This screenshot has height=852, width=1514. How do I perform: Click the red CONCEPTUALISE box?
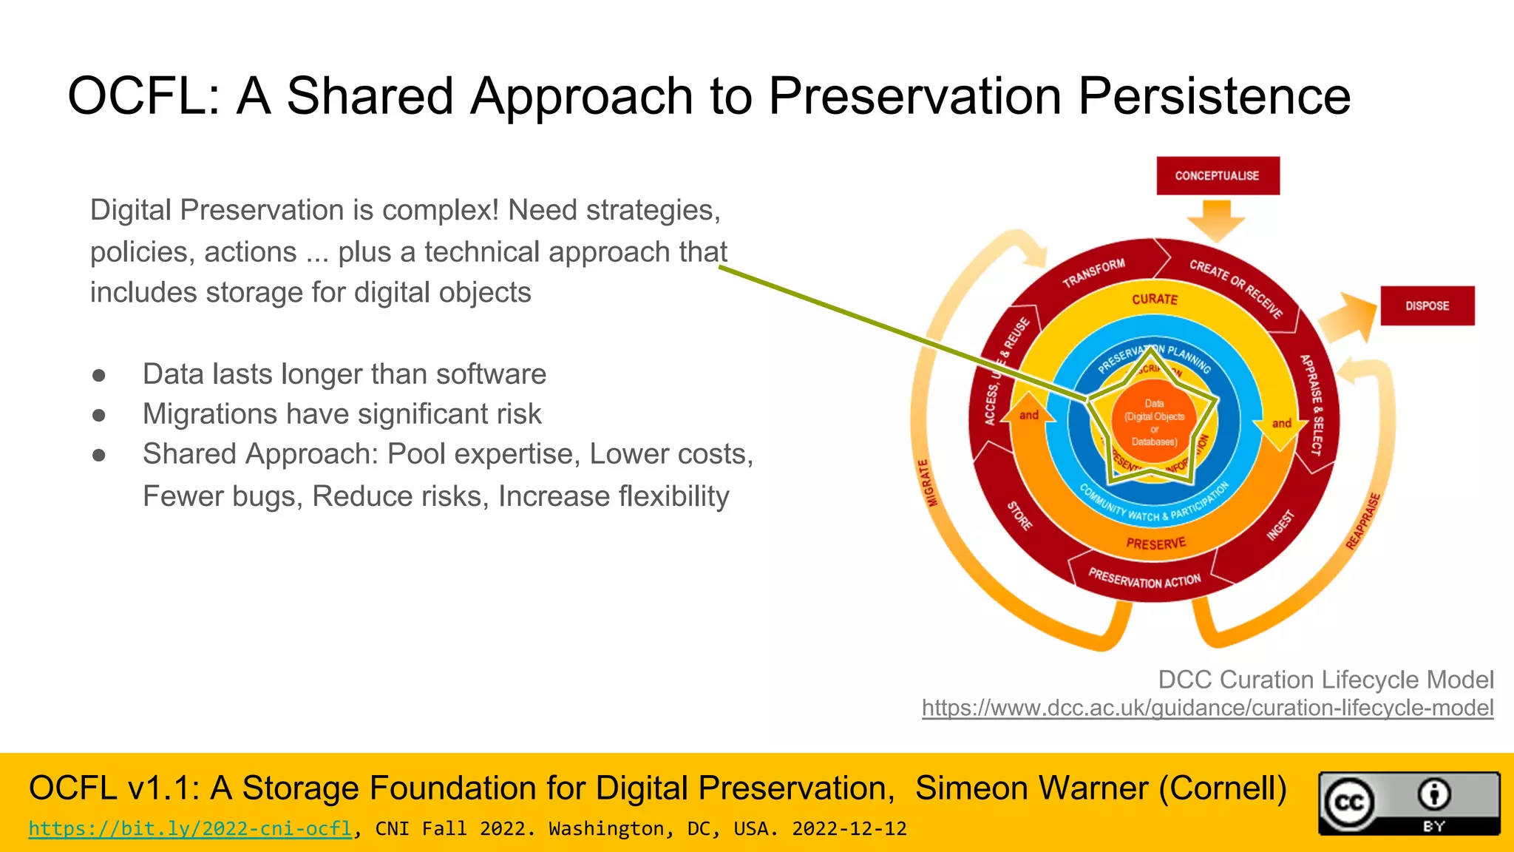(x=1217, y=176)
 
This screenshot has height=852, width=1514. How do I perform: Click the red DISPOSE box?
(x=1427, y=305)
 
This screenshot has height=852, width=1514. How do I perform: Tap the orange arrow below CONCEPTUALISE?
(x=1216, y=221)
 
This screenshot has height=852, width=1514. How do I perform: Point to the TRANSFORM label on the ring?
(x=1093, y=273)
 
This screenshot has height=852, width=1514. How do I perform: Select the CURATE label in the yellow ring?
(x=1154, y=299)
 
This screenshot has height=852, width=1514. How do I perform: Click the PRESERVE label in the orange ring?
(x=1155, y=544)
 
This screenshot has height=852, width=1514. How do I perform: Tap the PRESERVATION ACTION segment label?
(x=1144, y=579)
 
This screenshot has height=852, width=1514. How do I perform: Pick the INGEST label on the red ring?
(x=1280, y=525)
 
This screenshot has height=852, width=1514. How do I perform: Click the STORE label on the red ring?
(x=1019, y=515)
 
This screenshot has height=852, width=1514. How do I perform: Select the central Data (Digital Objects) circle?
(x=1154, y=422)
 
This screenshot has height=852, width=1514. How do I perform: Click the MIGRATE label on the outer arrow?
(x=928, y=482)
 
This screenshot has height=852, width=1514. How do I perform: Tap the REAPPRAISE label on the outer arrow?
(x=1362, y=521)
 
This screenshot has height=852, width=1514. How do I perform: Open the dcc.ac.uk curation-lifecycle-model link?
(x=1207, y=708)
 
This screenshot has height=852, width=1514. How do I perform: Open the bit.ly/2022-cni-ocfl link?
(x=190, y=828)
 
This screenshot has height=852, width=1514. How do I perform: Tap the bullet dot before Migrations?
(x=99, y=415)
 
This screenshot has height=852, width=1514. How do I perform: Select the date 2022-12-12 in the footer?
(x=849, y=828)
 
